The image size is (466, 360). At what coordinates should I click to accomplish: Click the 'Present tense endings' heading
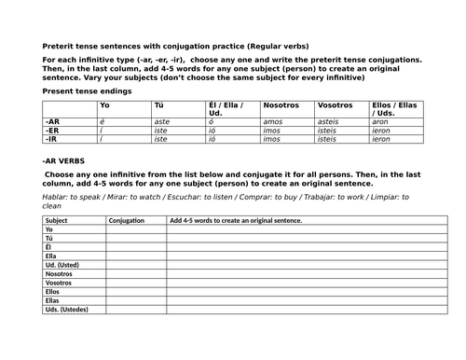tap(81, 91)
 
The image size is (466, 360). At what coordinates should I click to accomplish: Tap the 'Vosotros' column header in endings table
tap(336, 104)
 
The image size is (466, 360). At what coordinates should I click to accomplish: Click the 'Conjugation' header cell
tap(127, 220)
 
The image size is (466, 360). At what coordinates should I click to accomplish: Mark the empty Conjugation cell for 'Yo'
tap(135, 231)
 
